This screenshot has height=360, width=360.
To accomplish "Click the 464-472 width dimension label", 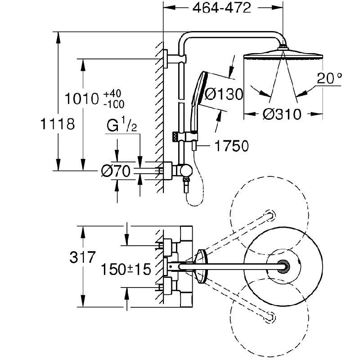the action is [x=221, y=8].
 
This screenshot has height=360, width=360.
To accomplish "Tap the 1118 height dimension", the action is [x=58, y=124].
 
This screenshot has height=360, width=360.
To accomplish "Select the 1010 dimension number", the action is [x=82, y=99].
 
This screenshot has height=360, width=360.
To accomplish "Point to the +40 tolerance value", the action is [x=112, y=94].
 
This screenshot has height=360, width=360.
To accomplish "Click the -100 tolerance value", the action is [x=114, y=104].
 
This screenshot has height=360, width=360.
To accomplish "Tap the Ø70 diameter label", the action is [x=116, y=171].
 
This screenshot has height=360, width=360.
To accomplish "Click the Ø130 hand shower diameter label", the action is [x=223, y=94].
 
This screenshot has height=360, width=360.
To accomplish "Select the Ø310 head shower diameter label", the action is [x=282, y=114].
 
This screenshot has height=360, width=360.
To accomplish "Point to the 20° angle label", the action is [x=329, y=78].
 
